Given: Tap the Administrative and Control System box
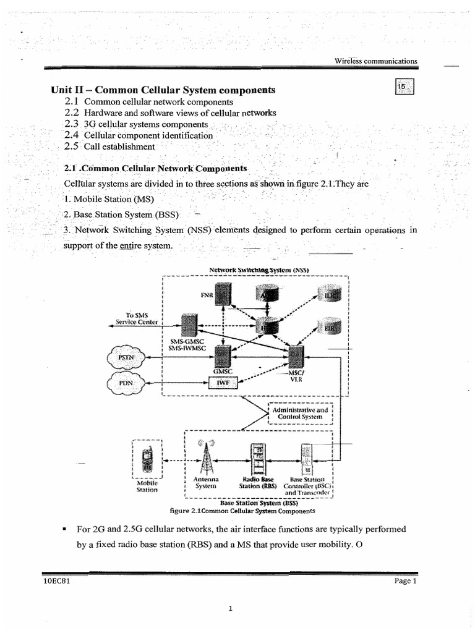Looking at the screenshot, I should pyautogui.click(x=302, y=414).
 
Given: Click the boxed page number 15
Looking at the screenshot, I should pyautogui.click(x=404, y=88).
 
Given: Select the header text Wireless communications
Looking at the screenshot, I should pyautogui.click(x=375, y=61).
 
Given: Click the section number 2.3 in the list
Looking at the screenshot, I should pyautogui.click(x=72, y=124).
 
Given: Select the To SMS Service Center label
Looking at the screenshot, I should pyautogui.click(x=137, y=318).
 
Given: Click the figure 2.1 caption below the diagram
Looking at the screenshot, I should pyautogui.click(x=242, y=511).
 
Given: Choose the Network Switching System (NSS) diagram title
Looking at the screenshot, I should pyautogui.click(x=259, y=270).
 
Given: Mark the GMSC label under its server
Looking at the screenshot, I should pyautogui.click(x=222, y=372).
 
